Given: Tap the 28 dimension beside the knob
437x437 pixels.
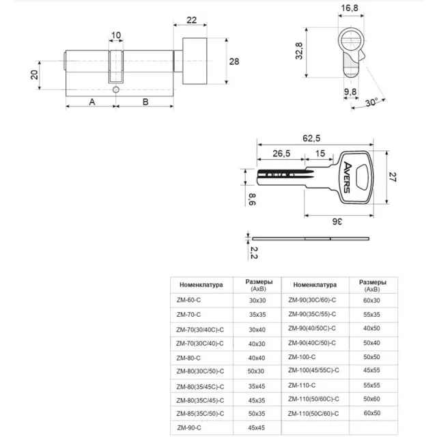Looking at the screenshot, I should (x=234, y=61).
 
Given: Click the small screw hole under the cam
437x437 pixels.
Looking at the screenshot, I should (x=116, y=91).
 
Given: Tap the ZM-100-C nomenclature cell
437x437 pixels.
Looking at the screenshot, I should (x=302, y=356).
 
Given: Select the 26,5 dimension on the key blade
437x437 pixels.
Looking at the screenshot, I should (x=280, y=153).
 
